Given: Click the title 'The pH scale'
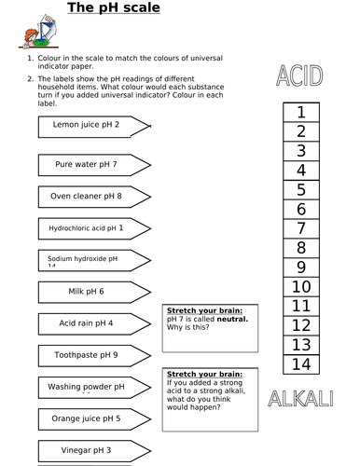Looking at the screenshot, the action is [x=113, y=8].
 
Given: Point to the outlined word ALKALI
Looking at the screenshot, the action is [x=300, y=400].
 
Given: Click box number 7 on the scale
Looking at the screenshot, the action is [x=301, y=229].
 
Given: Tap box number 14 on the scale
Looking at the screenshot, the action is [x=301, y=364].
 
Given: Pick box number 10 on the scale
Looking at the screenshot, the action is [x=301, y=287].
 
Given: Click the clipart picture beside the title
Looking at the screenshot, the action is [x=33, y=28].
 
